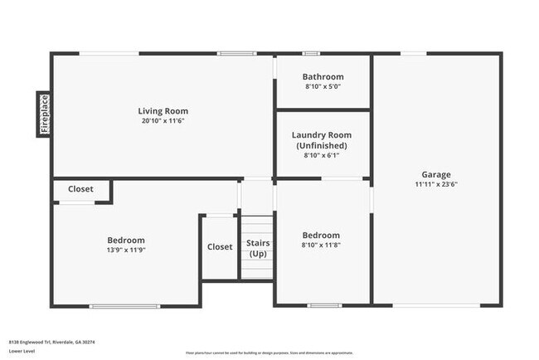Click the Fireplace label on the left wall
45,114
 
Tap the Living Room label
163,111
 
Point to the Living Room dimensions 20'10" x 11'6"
163,121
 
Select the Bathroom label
323,77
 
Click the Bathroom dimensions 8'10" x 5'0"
323,86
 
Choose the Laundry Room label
322,135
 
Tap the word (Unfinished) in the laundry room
322,145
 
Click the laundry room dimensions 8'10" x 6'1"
322,154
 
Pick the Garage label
436,174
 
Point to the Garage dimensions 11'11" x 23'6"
436,184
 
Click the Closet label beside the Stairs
220,246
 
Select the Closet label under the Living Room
80,189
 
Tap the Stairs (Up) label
257,248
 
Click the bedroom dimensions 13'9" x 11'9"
126,250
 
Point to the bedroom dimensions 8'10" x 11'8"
321,245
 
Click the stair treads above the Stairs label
257,226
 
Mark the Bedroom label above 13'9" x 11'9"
126,241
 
